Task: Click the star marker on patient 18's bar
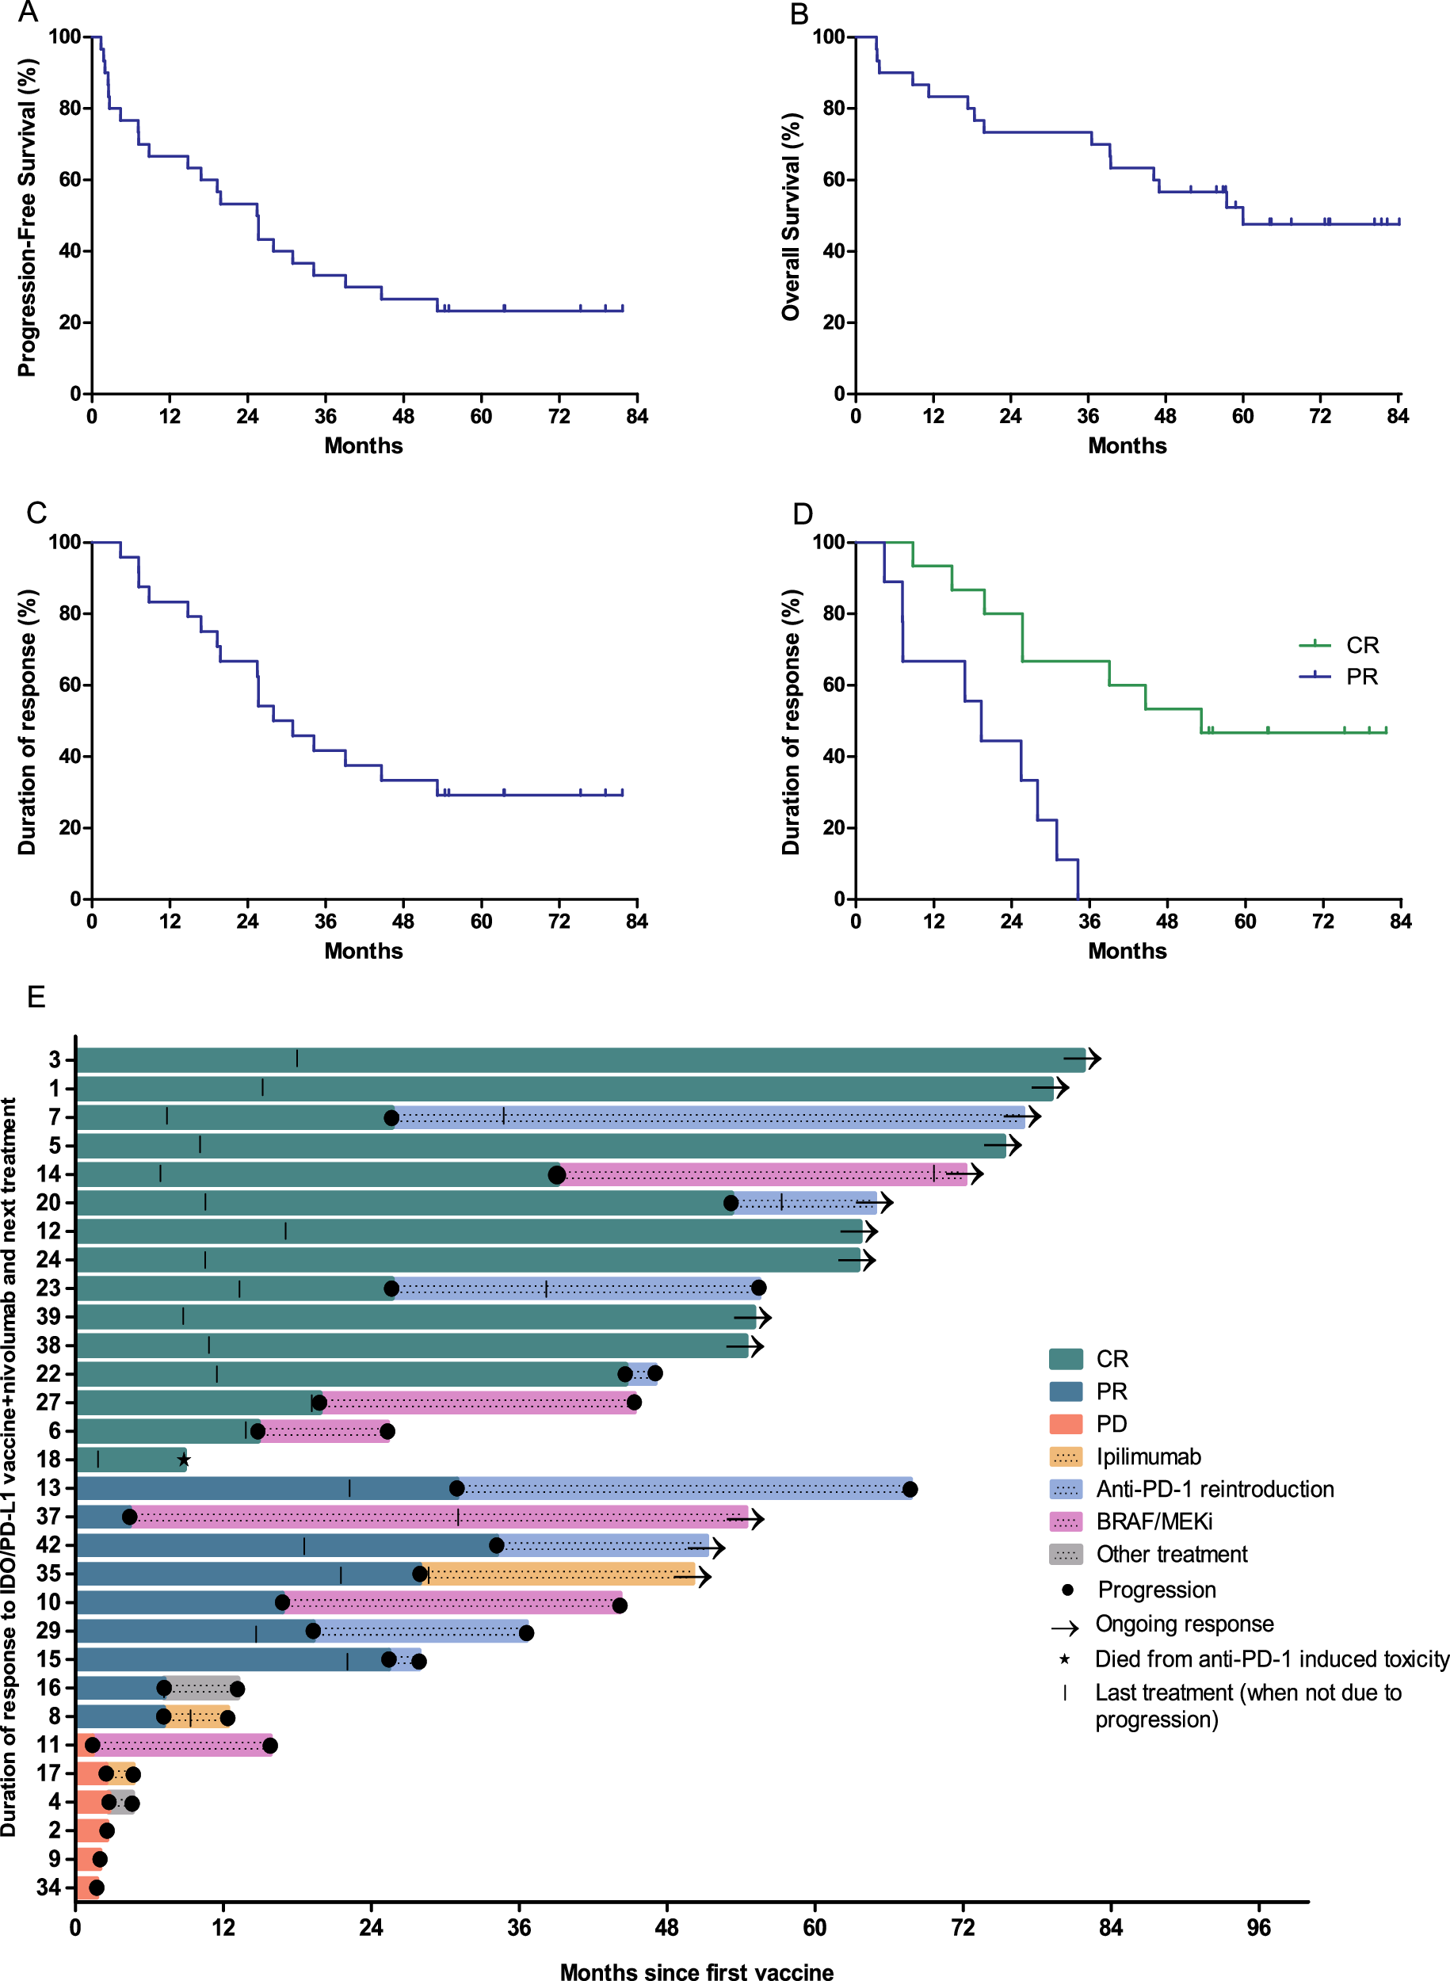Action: pos(184,1460)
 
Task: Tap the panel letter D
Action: pos(802,513)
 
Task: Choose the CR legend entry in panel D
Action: pos(1361,645)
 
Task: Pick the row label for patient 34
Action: pos(49,1887)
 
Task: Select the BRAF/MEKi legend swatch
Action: pos(1066,1522)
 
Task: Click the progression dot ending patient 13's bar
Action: pos(910,1489)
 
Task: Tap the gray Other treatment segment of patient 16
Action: pos(202,1688)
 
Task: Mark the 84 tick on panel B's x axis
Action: pos(1398,416)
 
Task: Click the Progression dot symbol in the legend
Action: pos(1067,1590)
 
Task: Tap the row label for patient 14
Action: pos(49,1174)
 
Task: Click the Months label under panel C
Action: pos(364,951)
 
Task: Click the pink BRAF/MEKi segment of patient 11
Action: pos(185,1745)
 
